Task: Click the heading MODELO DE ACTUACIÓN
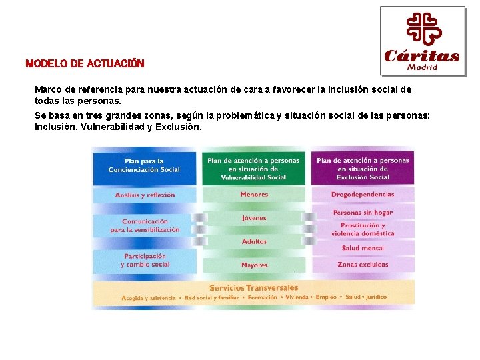(85, 64)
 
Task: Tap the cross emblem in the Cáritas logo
(423, 29)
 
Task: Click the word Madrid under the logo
(423, 67)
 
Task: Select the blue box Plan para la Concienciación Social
(145, 165)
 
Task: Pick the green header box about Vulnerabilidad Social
(253, 169)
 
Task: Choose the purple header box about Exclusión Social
(363, 169)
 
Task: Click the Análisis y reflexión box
(145, 195)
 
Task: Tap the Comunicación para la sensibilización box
(145, 225)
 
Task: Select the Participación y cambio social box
(145, 260)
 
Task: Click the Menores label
(253, 195)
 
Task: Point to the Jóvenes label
(253, 218)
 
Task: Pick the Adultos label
(253, 241)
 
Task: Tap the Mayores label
(253, 265)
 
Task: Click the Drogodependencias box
(363, 195)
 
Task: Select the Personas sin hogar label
(363, 213)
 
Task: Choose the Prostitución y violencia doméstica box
(363, 229)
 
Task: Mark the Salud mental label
(363, 247)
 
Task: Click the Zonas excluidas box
(363, 265)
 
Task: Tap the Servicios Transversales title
(253, 287)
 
